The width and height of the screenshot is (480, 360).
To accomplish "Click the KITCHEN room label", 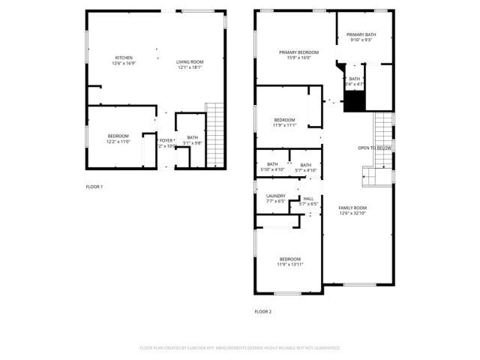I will tap(124, 58).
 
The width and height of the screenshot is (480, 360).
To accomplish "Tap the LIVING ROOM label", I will tap(189, 62).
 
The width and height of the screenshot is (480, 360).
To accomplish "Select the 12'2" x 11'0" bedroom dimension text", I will tap(118, 141).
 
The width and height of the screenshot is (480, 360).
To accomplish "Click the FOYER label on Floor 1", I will tap(166, 140).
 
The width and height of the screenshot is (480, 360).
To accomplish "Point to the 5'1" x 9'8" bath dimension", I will tap(193, 142).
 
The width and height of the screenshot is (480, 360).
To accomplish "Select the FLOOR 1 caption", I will tap(94, 186).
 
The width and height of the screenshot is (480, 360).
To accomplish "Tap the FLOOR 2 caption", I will tap(262, 311).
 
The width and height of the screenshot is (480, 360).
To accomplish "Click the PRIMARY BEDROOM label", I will tap(298, 52).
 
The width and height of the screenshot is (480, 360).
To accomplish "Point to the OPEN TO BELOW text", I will tap(373, 148).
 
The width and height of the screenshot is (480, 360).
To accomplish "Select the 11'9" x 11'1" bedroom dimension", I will tap(284, 125).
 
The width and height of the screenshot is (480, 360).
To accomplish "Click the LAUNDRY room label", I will tap(275, 196).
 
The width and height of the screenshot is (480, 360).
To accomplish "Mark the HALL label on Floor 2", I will tap(308, 199).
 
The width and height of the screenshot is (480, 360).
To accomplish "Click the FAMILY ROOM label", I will tap(352, 208).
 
